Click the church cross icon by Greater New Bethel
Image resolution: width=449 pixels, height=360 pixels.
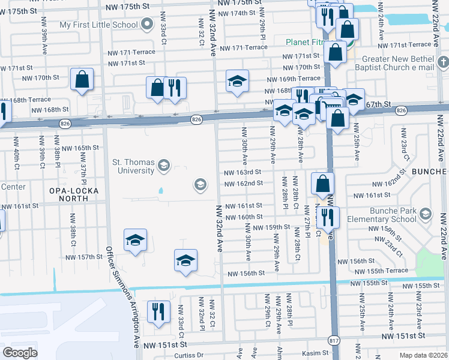coord(443,62)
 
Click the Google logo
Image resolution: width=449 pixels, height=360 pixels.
coord(20,352)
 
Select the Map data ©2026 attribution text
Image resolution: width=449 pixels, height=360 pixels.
coord(423,355)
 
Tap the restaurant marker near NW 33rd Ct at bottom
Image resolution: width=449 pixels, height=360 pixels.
coord(158,311)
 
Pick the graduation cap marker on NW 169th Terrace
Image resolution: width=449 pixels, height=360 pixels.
coord(237,81)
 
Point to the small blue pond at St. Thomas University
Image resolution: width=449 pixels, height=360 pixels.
coord(160,191)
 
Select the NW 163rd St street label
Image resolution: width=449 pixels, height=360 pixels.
coord(243,172)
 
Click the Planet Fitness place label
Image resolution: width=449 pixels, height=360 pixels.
coord(306,42)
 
